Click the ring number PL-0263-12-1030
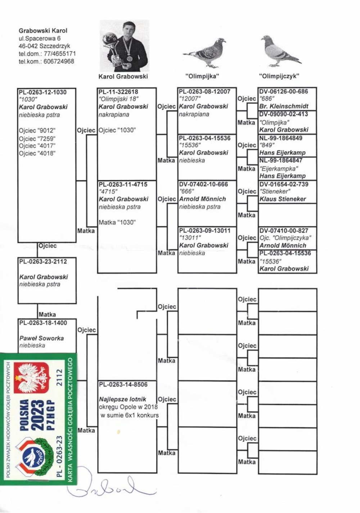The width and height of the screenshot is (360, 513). [43, 92]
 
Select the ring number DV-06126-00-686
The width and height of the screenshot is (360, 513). [284, 91]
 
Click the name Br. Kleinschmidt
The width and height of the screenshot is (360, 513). [284, 107]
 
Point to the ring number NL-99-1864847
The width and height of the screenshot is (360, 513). [281, 161]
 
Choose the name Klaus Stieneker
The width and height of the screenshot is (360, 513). [283, 199]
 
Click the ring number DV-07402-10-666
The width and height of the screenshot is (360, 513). [203, 184]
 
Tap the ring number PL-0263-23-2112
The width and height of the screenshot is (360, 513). [43, 262]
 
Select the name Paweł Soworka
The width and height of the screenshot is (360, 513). [42, 338]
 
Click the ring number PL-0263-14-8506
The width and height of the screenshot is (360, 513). [123, 384]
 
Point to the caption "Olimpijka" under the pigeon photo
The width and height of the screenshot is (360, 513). [202, 76]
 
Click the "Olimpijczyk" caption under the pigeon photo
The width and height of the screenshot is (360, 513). [279, 76]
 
